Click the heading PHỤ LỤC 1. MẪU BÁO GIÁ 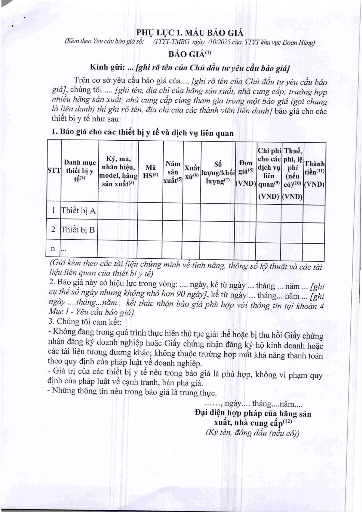coord(190,33)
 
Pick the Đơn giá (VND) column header coord(246,173)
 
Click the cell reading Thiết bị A coord(78,211)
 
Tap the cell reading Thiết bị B coord(78,229)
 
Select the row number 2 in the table coord(53,229)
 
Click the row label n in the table coord(53,248)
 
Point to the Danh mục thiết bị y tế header coord(80,170)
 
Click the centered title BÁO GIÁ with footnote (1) coord(190,54)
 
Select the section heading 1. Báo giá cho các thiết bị coord(142,132)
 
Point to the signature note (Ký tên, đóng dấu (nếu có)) coord(252,433)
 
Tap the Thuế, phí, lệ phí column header coord(293,173)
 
